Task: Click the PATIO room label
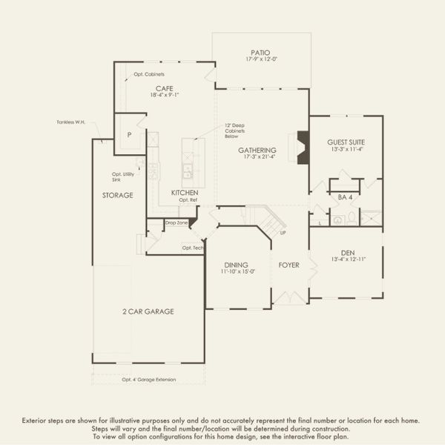point(259,53)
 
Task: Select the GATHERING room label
point(257,149)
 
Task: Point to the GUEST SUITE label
point(346,142)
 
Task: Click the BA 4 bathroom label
point(344,197)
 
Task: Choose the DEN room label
point(346,251)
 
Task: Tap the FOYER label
point(289,265)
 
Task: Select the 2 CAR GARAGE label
point(148,311)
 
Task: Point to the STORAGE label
point(118,195)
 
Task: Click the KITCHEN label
point(185,192)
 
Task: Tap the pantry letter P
point(129,136)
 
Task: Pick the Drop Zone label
point(176,222)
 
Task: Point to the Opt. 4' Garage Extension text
point(149,379)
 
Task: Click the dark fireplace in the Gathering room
point(302,147)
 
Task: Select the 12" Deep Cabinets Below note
point(237,131)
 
